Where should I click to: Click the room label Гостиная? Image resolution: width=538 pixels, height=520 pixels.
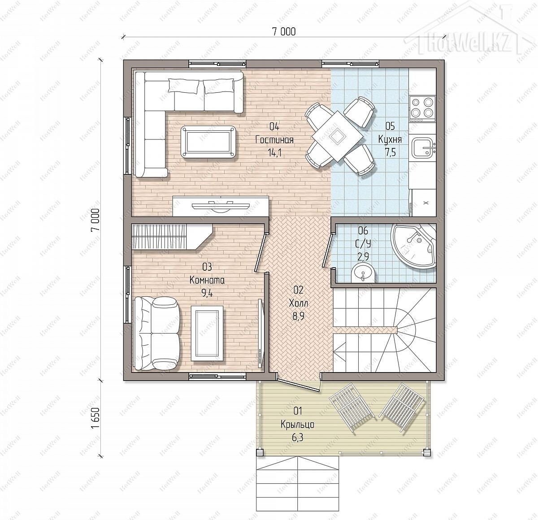pyautogui.click(x=274, y=140)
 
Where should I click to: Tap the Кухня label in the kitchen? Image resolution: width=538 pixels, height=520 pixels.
pyautogui.click(x=390, y=139)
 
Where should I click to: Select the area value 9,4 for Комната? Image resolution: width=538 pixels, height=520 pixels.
pyautogui.click(x=207, y=293)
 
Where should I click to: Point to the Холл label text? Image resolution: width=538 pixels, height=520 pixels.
pyautogui.click(x=298, y=303)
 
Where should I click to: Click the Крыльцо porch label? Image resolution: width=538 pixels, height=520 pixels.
pyautogui.click(x=298, y=425)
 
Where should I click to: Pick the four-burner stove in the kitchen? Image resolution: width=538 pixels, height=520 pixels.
pyautogui.click(x=423, y=109)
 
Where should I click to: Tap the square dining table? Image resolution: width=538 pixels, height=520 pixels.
pyautogui.click(x=338, y=136)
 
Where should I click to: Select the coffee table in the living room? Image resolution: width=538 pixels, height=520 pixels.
pyautogui.click(x=208, y=142)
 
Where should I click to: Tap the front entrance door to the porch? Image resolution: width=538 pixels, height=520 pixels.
pyautogui.click(x=299, y=385)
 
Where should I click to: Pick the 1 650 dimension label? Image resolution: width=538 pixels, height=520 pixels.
pyautogui.click(x=95, y=418)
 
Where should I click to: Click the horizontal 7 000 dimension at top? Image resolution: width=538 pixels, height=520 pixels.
pyautogui.click(x=284, y=32)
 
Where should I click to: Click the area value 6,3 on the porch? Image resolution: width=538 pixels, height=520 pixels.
pyautogui.click(x=298, y=438)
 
